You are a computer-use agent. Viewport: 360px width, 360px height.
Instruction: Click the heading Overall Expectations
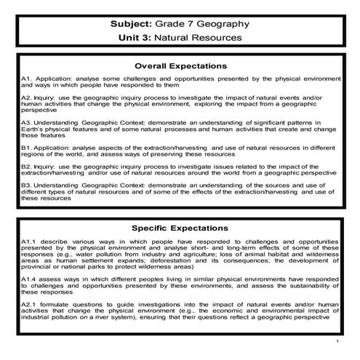click(180, 63)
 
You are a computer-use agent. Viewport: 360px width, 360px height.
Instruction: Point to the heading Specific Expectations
click(180, 228)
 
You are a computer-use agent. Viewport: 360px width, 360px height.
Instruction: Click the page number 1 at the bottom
click(339, 340)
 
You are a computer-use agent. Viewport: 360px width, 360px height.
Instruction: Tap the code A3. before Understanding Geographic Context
click(26, 121)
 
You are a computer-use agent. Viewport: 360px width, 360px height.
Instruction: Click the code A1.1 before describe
click(29, 240)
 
